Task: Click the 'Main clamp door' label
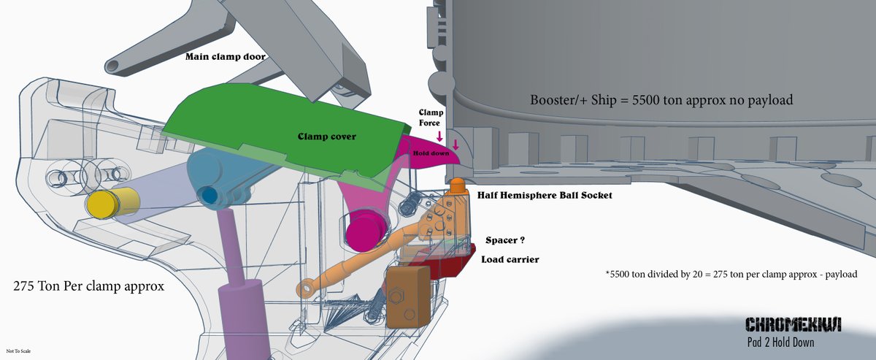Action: point(226,56)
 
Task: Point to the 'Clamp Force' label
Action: point(429,118)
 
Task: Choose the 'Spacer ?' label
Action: point(506,240)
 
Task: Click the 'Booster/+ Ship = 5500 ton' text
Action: point(661,100)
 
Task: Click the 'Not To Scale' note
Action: point(18,351)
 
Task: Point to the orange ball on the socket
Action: point(456,186)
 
